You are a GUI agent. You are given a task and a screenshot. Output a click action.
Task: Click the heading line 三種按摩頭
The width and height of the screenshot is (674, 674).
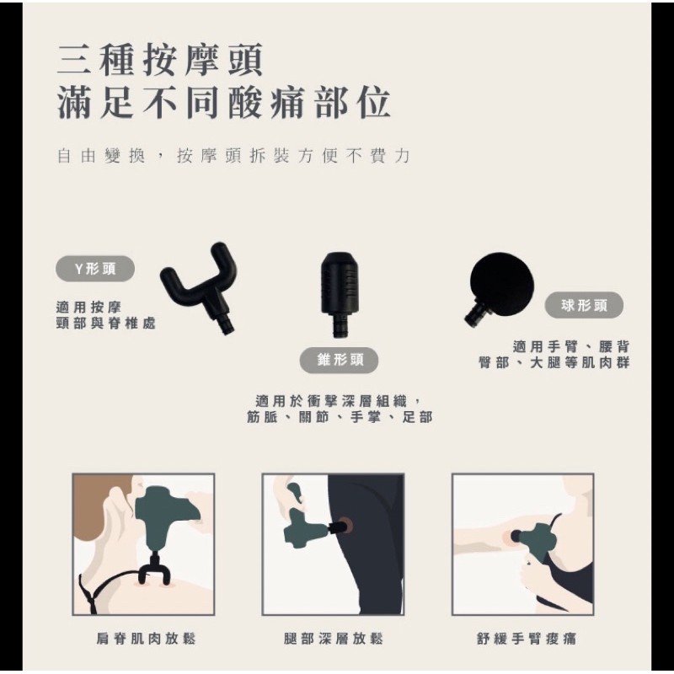coord(159,60)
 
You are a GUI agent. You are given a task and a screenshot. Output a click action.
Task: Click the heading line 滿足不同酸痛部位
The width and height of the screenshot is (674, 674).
coord(223,102)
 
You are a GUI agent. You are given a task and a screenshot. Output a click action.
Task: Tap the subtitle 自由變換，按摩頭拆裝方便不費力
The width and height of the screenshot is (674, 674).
coord(233,156)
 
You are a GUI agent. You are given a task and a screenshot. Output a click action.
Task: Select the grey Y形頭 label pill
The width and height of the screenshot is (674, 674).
coord(95,269)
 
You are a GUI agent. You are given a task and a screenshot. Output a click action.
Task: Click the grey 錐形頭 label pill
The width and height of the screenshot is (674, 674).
coord(340,360)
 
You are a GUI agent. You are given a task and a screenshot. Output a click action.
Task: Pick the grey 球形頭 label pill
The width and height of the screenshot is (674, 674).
coord(584,306)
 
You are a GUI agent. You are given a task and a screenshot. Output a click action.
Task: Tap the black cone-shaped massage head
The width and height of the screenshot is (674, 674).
coord(340,293)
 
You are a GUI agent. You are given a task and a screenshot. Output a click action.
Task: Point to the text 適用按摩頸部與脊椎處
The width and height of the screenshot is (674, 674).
coord(105,315)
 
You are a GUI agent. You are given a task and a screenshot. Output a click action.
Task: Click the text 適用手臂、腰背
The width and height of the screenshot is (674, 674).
coord(571,346)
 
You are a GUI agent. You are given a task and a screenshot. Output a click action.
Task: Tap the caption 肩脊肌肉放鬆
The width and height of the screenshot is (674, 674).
coord(146,639)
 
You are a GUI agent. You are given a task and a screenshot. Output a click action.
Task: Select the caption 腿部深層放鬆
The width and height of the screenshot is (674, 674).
coord(333,639)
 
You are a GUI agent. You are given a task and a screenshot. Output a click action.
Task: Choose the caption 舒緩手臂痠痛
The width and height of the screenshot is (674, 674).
coord(526,639)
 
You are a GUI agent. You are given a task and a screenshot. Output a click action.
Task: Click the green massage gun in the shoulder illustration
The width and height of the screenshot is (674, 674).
coord(160,516)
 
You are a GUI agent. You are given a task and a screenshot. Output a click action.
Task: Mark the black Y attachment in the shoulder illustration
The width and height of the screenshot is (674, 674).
coord(154,567)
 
